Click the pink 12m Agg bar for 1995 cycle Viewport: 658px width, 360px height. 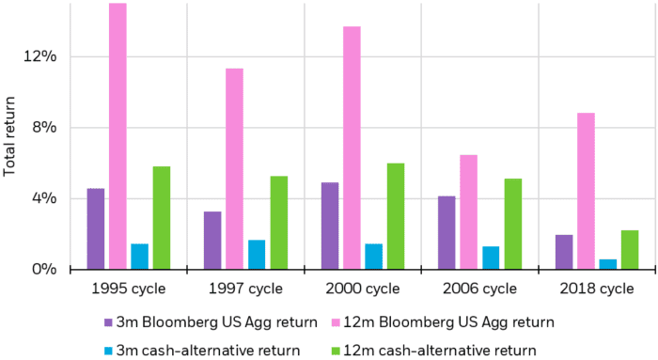(117, 136)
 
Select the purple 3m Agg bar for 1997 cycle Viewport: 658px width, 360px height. (212, 241)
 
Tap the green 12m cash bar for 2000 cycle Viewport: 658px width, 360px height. (396, 216)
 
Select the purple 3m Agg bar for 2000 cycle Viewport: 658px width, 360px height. (330, 226)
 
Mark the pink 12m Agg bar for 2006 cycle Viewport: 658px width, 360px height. (468, 212)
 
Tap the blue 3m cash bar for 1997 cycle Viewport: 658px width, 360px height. (257, 255)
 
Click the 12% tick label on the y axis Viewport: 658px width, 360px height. (40, 56)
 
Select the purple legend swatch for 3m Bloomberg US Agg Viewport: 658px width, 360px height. (109, 322)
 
